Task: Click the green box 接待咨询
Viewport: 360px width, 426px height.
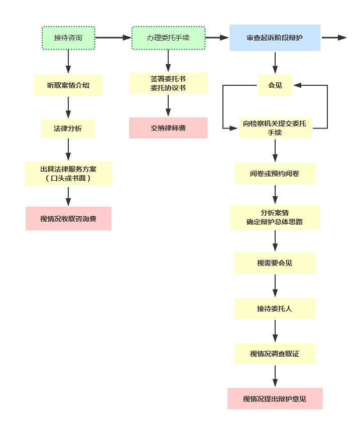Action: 68,38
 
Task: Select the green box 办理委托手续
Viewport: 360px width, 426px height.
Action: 168,38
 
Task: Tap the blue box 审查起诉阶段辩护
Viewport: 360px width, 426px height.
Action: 275,38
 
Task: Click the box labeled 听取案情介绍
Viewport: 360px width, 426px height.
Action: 68,85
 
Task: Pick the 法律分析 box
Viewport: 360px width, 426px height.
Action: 68,128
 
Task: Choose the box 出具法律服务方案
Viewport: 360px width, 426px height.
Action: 68,174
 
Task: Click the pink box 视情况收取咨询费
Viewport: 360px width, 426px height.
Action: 68,219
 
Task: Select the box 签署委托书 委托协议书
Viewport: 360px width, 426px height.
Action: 168,83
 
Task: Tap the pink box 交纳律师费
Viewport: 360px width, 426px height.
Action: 168,128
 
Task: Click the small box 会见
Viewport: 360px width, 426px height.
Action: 275,85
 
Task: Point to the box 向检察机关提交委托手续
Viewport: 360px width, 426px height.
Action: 275,128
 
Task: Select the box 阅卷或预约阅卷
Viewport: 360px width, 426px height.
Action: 275,174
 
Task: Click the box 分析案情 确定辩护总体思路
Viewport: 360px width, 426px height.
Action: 275,217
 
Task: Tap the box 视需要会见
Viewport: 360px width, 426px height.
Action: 275,263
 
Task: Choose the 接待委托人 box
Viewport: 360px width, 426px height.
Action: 275,309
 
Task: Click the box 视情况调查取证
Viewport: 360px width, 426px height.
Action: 275,354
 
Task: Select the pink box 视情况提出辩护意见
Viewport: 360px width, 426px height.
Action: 275,399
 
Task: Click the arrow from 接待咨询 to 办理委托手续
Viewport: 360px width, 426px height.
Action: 113,38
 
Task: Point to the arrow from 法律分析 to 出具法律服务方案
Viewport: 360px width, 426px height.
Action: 68,150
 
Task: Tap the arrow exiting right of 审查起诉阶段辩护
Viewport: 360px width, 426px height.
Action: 334,38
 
